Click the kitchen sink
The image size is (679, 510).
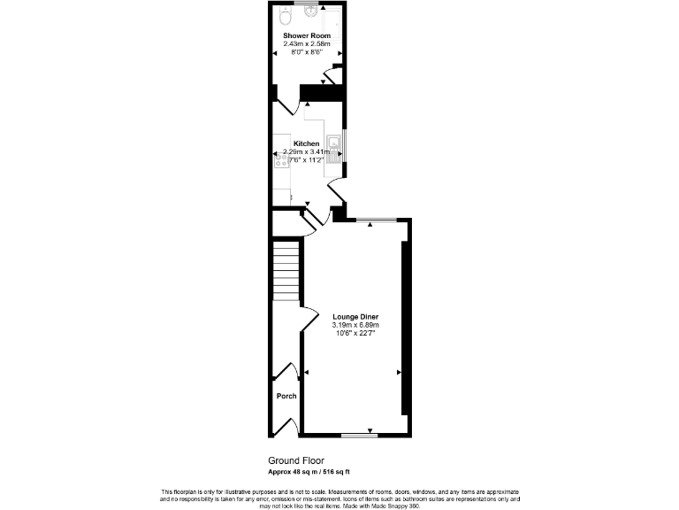click(334, 143)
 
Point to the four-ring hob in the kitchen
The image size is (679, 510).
click(280, 159)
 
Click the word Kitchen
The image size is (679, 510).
click(306, 143)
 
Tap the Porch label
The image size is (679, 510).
click(286, 396)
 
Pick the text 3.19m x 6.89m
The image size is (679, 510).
click(355, 325)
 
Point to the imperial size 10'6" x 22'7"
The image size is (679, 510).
click(355, 333)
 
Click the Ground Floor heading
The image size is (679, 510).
click(296, 460)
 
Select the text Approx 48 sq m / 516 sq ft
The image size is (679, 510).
click(315, 472)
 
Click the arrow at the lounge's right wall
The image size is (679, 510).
click(399, 372)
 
